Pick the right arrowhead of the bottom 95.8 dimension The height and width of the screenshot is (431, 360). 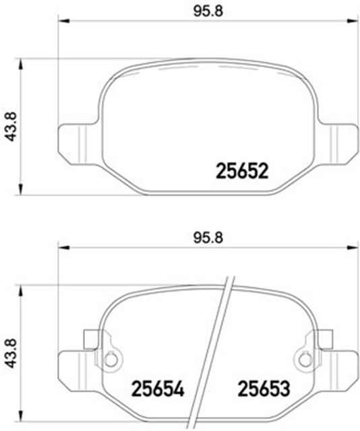tap(351, 246)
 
